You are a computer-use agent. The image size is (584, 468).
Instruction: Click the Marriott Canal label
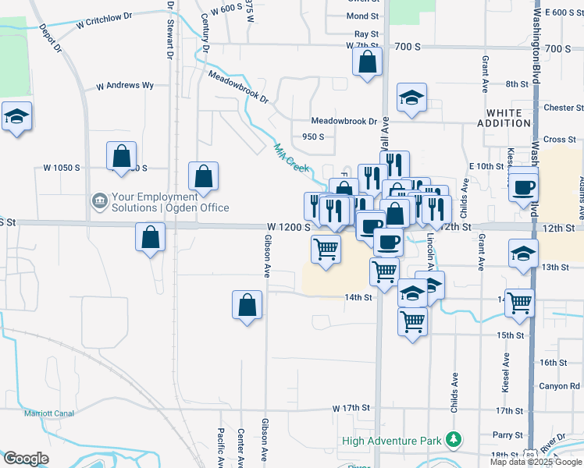coord(48,413)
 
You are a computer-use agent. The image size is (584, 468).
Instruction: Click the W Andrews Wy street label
coord(125,86)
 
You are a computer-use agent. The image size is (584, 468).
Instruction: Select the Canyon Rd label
coord(559,386)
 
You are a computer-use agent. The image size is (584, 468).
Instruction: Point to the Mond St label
coord(362,16)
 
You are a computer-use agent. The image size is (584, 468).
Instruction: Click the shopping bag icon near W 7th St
coord(368,62)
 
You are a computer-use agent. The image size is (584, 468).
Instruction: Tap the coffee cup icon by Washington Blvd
coord(523,187)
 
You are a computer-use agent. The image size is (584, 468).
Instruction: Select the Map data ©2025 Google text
coord(536,462)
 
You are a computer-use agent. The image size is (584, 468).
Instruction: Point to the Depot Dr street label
coord(48,37)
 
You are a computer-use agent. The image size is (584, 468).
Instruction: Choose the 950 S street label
coord(312,136)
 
